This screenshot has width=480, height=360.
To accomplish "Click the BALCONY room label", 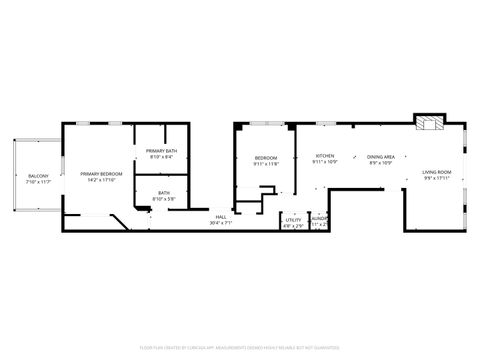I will tap(38, 176).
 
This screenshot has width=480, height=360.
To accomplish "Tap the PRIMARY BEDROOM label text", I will tap(101, 174).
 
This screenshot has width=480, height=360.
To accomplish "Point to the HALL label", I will tap(221, 217).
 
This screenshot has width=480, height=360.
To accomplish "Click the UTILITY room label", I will tap(293, 219).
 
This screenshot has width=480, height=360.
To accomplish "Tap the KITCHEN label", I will tap(326, 156).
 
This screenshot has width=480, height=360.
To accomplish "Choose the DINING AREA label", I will tap(381, 156).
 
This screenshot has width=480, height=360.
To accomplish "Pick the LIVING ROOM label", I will tap(436, 172).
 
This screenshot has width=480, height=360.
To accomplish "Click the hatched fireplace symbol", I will tap(428, 124).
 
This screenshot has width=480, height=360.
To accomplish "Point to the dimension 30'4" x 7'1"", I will tap(221, 223).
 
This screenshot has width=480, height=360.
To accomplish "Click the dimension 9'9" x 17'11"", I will tap(436, 179).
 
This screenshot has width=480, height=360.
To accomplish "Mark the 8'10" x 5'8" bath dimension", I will tap(164, 199).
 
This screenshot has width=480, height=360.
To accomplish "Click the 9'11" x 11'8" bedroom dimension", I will tap(266, 163).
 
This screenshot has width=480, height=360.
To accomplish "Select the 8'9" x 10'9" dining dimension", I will tap(381, 162).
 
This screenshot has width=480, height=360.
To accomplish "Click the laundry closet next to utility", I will tap(319, 221).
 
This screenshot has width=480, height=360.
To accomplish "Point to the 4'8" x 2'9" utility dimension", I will tap(293, 225).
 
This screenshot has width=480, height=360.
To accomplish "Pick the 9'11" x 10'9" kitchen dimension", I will tap(326, 162).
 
